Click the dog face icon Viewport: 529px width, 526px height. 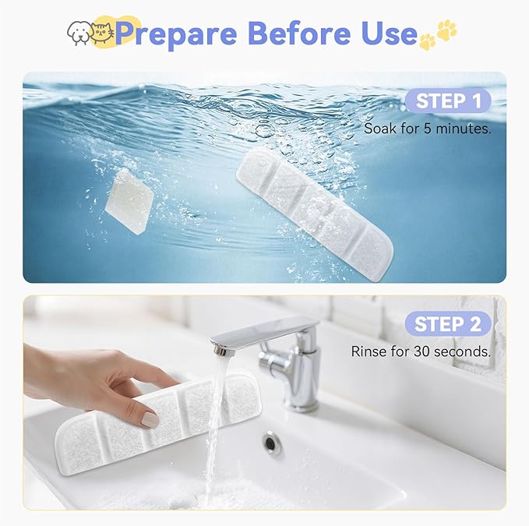(79, 33)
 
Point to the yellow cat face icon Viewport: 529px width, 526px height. (104, 33)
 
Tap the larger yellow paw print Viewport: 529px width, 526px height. (446, 29)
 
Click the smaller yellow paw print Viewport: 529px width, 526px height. (428, 42)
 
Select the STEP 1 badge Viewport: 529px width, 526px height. (448, 101)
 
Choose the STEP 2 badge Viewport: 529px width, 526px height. (448, 324)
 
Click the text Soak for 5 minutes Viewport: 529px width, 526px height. (428, 129)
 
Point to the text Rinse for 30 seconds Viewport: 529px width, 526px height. (421, 351)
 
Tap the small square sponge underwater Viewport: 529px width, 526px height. (129, 201)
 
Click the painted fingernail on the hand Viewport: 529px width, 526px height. (150, 420)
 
